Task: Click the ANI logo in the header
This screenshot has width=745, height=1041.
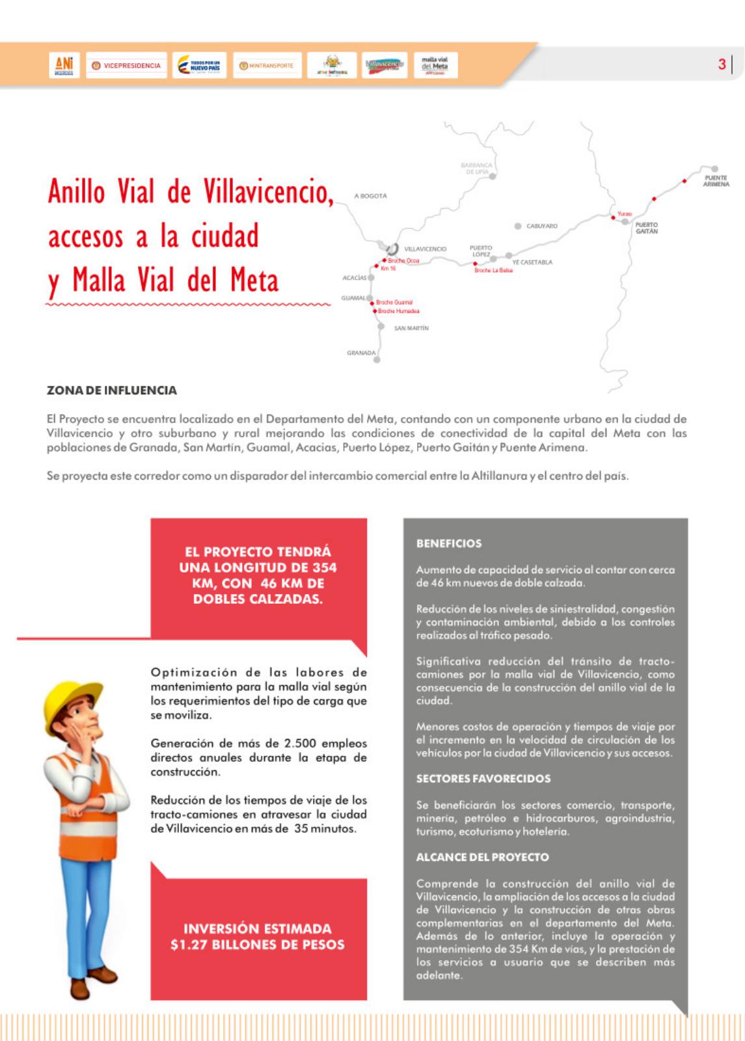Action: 64,64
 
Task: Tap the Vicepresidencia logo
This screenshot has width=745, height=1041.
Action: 126,65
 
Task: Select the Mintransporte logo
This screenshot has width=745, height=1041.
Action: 267,65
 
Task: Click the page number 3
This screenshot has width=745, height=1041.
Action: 722,64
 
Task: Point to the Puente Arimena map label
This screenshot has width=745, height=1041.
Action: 716,181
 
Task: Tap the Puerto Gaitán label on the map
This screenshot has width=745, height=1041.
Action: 646,228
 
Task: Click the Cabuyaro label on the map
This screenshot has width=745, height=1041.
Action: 541,226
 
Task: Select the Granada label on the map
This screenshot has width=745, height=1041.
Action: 361,353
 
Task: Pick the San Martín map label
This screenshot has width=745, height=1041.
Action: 411,329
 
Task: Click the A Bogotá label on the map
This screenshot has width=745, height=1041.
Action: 370,196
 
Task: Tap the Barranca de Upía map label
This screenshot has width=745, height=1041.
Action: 476,169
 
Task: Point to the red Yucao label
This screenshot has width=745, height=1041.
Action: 625,214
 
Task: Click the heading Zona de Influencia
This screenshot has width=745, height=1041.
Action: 112,390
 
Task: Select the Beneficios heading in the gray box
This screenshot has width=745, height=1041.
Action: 449,543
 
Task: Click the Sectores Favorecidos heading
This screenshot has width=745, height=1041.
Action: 483,779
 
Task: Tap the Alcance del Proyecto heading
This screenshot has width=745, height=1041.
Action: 482,858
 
